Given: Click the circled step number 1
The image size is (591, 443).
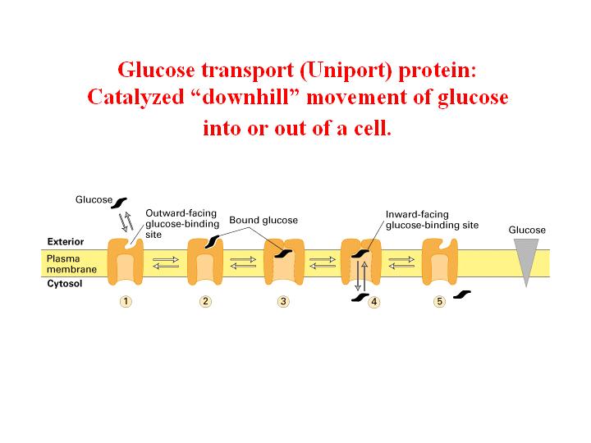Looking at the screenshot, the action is point(126,301).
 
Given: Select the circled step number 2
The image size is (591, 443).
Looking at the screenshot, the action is point(205,301).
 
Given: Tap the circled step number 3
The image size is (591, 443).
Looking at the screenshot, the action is point(283,301).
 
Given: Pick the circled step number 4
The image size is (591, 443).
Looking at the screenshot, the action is point(374,302).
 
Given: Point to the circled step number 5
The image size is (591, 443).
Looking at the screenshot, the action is point(439,301).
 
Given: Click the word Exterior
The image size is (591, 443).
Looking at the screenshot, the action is point(66,241).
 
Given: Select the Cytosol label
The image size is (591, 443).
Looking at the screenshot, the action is point(65,283).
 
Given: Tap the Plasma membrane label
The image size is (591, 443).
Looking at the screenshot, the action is point(71,263).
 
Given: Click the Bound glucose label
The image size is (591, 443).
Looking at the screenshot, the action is point(263,220).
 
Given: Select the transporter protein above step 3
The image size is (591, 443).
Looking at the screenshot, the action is point(284,262).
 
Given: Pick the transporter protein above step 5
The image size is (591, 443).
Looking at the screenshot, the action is point(440,262).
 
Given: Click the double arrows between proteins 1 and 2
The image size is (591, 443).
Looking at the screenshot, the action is point(166,263).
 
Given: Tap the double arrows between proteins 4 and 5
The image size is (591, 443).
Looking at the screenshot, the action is point(401,263).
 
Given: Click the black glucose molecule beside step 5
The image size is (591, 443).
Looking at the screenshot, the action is point(461,295).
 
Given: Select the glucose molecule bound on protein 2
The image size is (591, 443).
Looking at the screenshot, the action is point(212,242).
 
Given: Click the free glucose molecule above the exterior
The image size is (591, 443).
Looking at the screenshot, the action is point(119,203).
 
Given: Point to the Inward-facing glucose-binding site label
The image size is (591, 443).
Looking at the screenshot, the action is point(432,220).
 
